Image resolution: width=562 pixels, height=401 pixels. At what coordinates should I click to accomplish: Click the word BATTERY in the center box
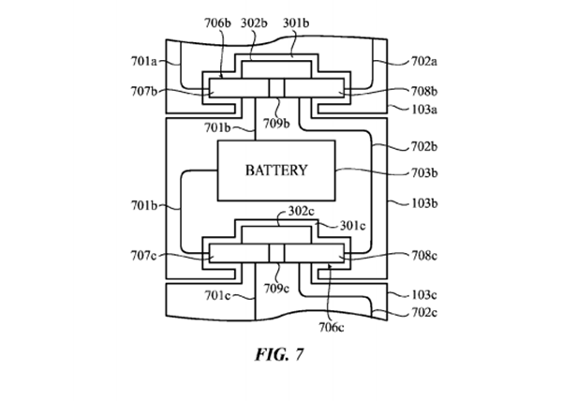276,171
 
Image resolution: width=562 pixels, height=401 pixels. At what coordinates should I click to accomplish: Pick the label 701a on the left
144,63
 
